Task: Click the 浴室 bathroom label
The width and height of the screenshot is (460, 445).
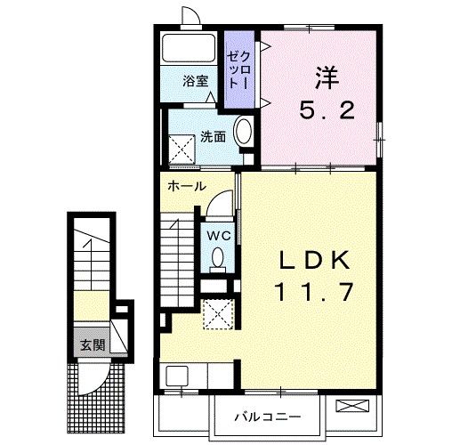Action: pyautogui.click(x=196, y=81)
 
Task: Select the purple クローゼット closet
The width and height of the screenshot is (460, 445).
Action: pyautogui.click(x=239, y=69)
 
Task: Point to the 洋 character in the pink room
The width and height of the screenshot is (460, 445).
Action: pyautogui.click(x=327, y=78)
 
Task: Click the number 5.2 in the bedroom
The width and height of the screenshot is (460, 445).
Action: pyautogui.click(x=327, y=109)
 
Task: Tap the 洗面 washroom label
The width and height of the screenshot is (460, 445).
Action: pyautogui.click(x=213, y=137)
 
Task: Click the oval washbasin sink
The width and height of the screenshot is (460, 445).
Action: pyautogui.click(x=243, y=132)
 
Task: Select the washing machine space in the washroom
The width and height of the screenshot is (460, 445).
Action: pyautogui.click(x=182, y=149)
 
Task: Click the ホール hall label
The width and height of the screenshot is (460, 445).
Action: pyautogui.click(x=187, y=186)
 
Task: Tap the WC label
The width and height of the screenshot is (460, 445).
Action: pyautogui.click(x=219, y=236)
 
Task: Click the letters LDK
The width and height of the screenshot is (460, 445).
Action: pyautogui.click(x=314, y=260)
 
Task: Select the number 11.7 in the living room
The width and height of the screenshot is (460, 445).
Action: pyautogui.click(x=314, y=292)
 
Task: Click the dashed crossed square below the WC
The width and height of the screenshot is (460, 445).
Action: pyautogui.click(x=219, y=314)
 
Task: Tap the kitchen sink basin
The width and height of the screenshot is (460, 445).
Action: pyautogui.click(x=177, y=376)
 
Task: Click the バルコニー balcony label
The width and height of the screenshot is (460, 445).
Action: pyautogui.click(x=268, y=417)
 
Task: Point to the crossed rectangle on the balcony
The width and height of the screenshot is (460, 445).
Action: pyautogui.click(x=352, y=406)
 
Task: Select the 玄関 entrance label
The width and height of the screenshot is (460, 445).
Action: pyautogui.click(x=93, y=345)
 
